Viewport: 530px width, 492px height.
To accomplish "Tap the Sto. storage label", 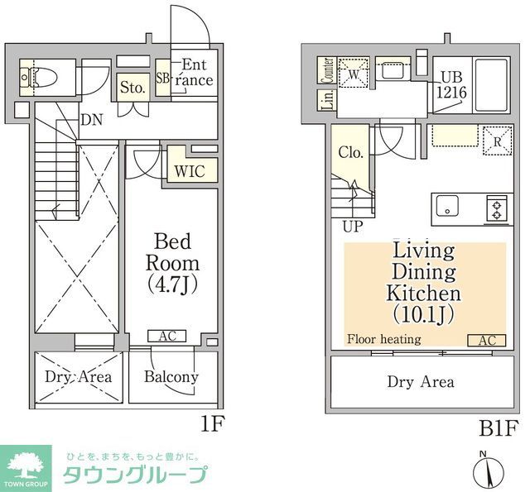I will click(x=132, y=86).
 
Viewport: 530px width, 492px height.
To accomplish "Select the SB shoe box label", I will click(x=162, y=79).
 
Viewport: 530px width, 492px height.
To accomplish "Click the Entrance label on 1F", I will click(x=196, y=73).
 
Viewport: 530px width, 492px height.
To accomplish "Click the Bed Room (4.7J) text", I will click(x=172, y=264).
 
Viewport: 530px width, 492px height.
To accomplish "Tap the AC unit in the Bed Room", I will click(x=167, y=336).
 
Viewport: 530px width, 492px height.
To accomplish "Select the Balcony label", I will click(x=171, y=377).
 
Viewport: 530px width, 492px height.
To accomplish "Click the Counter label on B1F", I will click(x=326, y=71).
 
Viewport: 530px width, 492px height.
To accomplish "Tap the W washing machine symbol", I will click(x=354, y=72).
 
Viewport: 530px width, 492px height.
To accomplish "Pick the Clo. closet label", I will click(x=350, y=153).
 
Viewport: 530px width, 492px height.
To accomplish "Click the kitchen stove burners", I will click(x=496, y=207).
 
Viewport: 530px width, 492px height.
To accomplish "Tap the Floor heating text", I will click(x=383, y=339).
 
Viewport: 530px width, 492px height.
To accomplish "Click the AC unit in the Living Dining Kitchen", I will click(x=485, y=340).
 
